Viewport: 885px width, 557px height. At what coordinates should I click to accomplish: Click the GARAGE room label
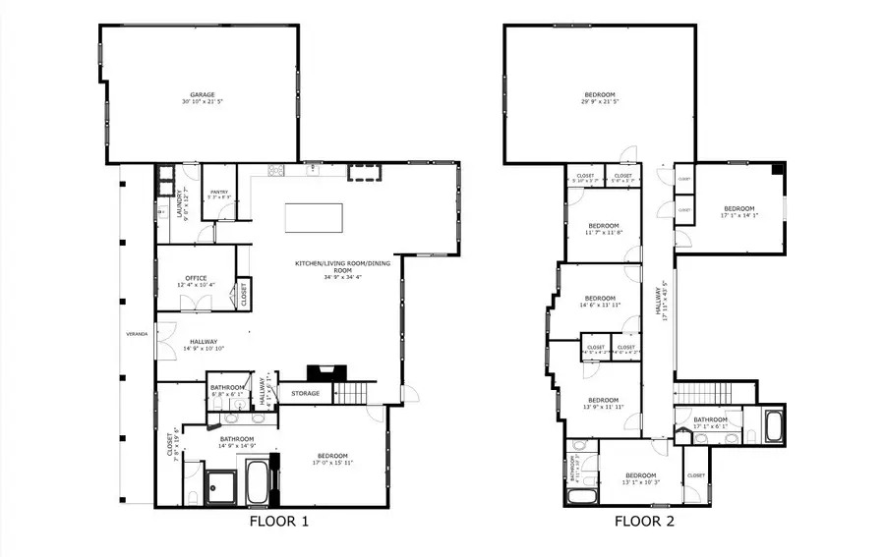(x=203, y=95)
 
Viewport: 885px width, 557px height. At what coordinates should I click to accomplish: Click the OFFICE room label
(x=196, y=278)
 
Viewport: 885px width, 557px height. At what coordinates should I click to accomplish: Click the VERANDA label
(x=137, y=334)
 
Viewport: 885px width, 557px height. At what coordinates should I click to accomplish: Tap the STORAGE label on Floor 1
(x=305, y=394)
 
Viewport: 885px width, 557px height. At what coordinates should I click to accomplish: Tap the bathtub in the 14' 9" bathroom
(x=258, y=483)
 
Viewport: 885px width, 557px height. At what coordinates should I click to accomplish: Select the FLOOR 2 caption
(x=644, y=522)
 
